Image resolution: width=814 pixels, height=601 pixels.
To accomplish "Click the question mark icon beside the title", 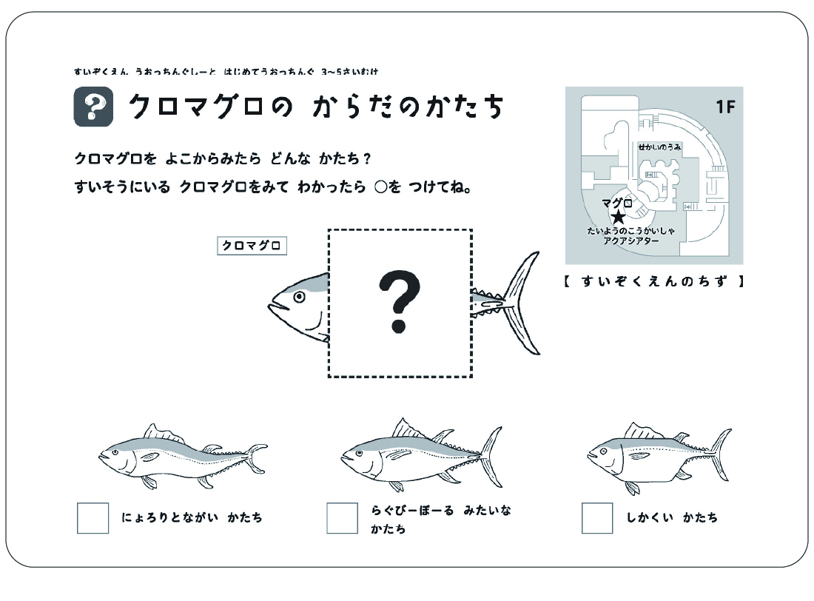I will click(93, 107).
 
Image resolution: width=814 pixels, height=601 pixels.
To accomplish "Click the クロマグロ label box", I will click(252, 246).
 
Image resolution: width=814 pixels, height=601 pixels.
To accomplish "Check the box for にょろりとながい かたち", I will click(92, 517).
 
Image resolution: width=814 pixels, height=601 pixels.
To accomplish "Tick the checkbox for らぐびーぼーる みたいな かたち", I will click(342, 517).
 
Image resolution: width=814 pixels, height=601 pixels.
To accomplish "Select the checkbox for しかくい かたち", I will click(596, 517).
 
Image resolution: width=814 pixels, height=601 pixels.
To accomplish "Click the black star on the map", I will click(618, 217).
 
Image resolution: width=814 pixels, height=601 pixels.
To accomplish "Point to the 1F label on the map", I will click(724, 107).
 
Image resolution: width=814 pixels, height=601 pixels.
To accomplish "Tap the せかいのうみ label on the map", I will click(659, 147).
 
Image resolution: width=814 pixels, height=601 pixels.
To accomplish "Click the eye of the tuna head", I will click(299, 297).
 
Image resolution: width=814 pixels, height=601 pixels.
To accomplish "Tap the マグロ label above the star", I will click(616, 203).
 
